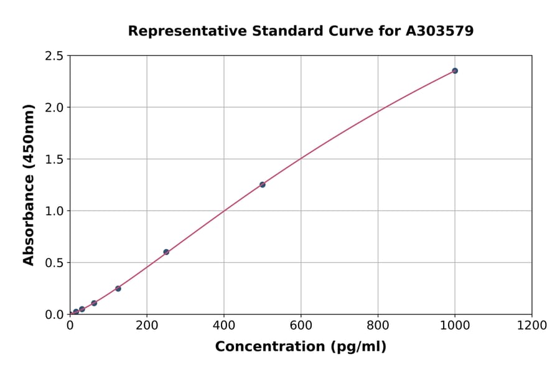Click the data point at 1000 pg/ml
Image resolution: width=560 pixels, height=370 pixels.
pos(455,71)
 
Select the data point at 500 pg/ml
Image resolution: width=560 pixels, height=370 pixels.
pos(263,184)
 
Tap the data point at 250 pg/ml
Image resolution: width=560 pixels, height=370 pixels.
pos(166,252)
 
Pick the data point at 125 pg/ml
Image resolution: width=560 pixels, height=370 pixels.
pos(118,288)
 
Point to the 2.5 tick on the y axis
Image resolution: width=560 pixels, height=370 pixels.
pos(54,56)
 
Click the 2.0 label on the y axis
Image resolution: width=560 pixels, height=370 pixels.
pos(54,108)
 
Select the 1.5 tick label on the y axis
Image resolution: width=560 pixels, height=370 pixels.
pos(54,159)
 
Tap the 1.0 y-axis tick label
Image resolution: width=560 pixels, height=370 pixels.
pos(54,211)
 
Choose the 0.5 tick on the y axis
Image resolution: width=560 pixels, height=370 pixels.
pos(54,263)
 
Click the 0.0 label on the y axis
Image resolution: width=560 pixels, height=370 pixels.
pos(54,315)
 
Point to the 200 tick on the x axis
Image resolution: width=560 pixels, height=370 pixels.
pos(147,325)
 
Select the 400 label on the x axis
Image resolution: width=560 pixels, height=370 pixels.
pos(224,325)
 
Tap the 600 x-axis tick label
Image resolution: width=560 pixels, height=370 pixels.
pos(301,325)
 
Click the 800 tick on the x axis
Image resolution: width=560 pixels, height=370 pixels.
pos(378,325)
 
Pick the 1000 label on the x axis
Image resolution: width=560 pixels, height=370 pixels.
pos(455,325)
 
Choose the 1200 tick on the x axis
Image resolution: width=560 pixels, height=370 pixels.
pos(532,325)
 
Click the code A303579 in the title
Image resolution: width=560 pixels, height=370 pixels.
pos(440,31)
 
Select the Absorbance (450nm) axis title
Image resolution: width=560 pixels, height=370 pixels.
pos(29,185)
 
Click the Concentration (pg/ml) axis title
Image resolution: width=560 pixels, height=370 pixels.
pos(301,347)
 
